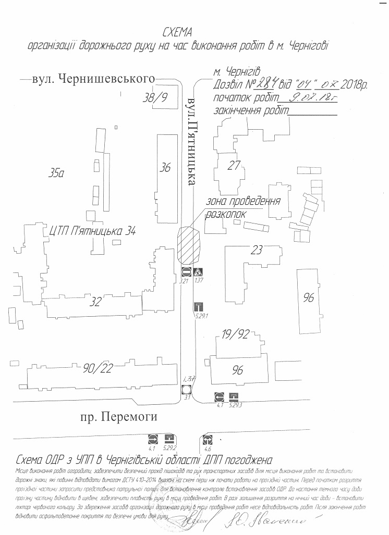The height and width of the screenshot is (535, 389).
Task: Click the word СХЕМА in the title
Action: click(x=178, y=33)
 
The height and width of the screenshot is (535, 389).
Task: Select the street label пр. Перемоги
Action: click(x=118, y=417)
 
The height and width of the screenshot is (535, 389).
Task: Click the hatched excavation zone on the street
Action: click(x=189, y=245)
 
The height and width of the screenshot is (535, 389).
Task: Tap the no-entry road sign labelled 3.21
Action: click(x=186, y=271)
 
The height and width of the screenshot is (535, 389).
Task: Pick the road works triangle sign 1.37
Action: click(x=198, y=271)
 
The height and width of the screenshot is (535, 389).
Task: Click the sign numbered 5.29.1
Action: click(x=198, y=306)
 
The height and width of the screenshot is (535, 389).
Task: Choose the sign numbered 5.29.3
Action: click(x=234, y=396)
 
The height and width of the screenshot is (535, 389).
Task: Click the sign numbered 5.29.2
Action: click(x=169, y=439)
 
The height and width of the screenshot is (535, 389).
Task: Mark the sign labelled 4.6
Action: click(x=209, y=439)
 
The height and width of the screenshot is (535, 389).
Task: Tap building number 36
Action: click(x=165, y=167)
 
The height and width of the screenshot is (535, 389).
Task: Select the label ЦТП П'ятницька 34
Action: click(x=92, y=230)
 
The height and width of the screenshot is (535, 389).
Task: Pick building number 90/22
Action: click(x=98, y=369)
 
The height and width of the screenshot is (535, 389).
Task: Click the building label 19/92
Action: click(x=236, y=334)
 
